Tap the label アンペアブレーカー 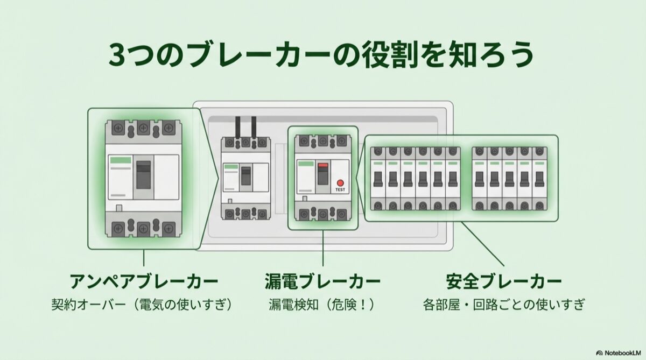pyautogui.click(x=144, y=281)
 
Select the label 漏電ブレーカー pyautogui.click(x=322, y=281)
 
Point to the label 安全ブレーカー pyautogui.click(x=504, y=281)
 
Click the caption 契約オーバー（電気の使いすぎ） pyautogui.click(x=144, y=305)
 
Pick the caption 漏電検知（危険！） pyautogui.click(x=322, y=305)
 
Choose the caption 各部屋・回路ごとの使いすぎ pyautogui.click(x=504, y=305)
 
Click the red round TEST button pyautogui.click(x=340, y=182)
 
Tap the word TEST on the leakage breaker pyautogui.click(x=340, y=190)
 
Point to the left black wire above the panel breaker pyautogui.click(x=237, y=126)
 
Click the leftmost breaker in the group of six pyautogui.click(x=378, y=178)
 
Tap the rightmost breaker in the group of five pyautogui.click(x=539, y=178)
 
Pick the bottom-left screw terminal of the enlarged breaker pyautogui.click(x=118, y=229)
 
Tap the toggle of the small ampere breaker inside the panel pyautogui.click(x=245, y=175)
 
